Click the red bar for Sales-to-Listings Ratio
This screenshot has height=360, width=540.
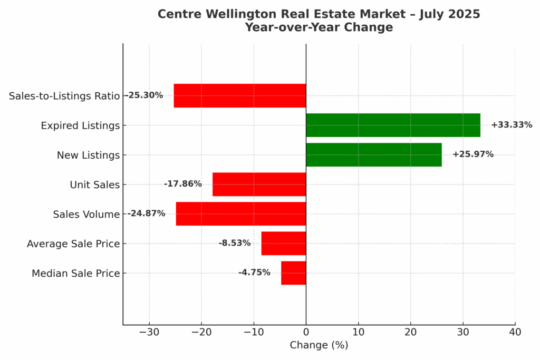[240, 96]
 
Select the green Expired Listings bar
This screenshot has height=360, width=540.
[393, 125]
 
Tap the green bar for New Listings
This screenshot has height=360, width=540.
[373, 155]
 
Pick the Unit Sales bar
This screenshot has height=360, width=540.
[259, 184]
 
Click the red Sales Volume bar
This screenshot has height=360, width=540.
[240, 214]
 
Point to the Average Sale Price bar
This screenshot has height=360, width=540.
[284, 244]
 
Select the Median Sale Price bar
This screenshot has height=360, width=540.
[293, 273]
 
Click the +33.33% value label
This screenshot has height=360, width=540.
[512, 125]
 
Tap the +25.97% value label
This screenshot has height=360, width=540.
[473, 154]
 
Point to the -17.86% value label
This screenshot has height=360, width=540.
[182, 184]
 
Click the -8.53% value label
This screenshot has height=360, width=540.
[235, 243]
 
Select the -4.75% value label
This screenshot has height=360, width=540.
[254, 273]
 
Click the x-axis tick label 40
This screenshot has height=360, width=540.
[515, 332]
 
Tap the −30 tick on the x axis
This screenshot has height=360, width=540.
[149, 332]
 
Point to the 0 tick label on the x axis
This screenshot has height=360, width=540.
[306, 332]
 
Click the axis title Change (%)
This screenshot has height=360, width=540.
[319, 346]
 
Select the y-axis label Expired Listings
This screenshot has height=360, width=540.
[80, 126]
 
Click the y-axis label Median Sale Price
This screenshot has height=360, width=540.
[75, 274]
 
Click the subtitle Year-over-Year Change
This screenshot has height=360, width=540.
[319, 27]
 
